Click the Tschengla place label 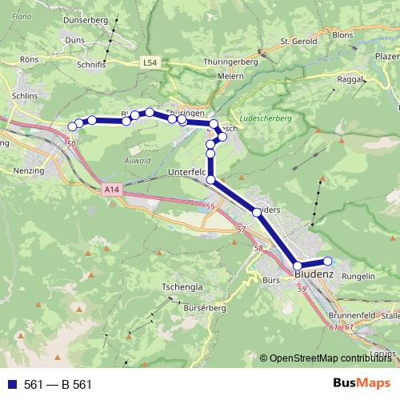182,286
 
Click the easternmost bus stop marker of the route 327,261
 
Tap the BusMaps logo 361,383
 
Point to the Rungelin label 358,277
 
